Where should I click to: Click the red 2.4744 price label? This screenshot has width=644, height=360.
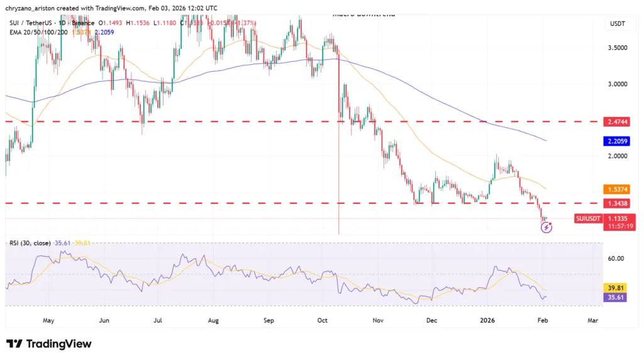point(616,121)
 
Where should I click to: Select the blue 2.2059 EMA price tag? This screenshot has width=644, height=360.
point(616,142)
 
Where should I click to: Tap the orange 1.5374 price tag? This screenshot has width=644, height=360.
point(616,189)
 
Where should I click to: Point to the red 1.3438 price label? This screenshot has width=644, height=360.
point(616,203)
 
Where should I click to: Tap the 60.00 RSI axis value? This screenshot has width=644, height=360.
point(616,258)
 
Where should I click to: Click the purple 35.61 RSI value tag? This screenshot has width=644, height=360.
point(616,298)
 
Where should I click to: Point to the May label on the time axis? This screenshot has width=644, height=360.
point(48,320)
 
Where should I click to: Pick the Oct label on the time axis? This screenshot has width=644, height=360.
point(323,320)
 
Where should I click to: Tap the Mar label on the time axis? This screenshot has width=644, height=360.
point(592,320)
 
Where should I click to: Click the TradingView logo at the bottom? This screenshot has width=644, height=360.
point(49,344)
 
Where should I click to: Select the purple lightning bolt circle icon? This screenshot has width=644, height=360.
point(547,227)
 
